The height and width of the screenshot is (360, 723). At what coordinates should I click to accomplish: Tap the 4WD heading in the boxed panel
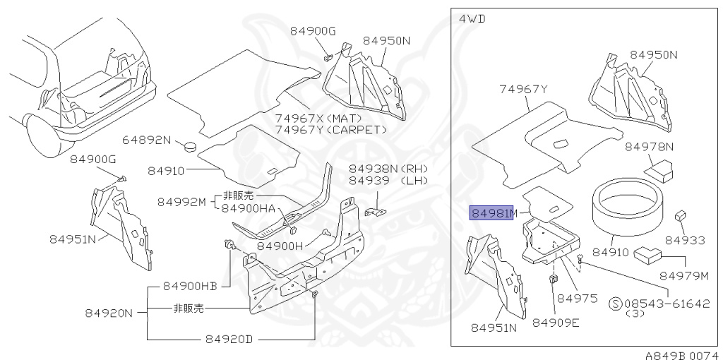coord(472,18)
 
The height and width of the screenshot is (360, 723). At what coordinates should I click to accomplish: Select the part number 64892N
coord(147,140)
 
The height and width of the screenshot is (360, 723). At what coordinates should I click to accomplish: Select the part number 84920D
coord(229,339)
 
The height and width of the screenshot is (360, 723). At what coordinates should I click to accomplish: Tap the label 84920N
coord(109,313)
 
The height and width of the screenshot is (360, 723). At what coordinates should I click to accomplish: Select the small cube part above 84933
coord(681,215)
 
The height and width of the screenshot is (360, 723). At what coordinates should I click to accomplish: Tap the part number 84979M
coord(683,275)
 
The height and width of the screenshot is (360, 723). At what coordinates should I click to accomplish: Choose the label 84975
coord(577,299)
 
